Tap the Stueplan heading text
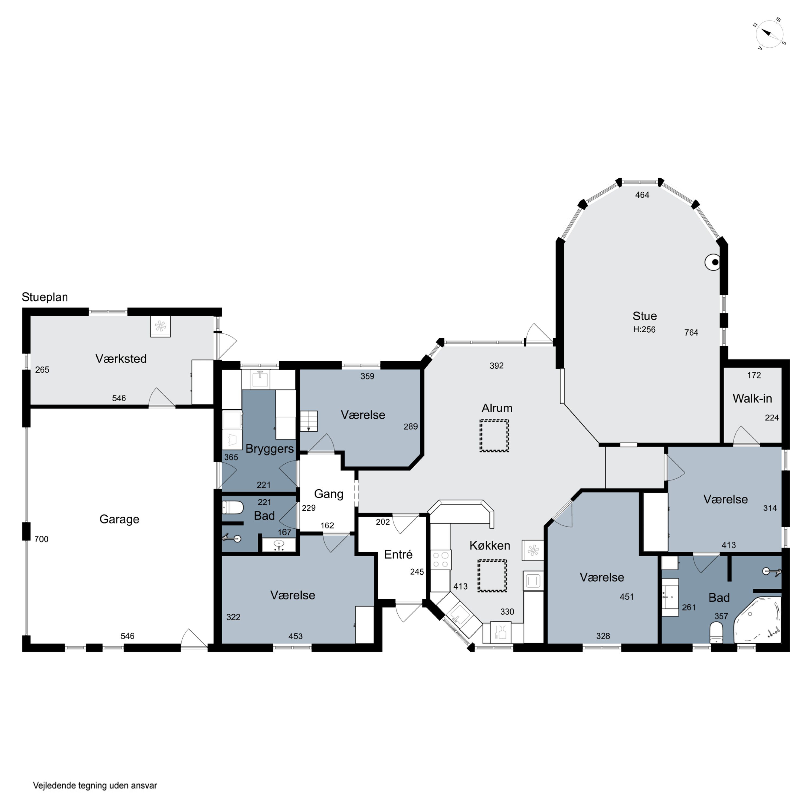(45, 297)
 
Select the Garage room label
(119, 519)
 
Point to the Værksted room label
(121, 359)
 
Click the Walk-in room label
(752, 398)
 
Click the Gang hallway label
(329, 494)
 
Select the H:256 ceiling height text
(644, 329)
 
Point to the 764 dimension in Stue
(691, 332)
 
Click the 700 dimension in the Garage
(41, 539)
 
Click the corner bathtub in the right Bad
(757, 620)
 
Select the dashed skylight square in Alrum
(494, 436)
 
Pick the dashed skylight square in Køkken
(492, 576)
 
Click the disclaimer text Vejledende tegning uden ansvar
(95, 785)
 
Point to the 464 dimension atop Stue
(642, 195)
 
